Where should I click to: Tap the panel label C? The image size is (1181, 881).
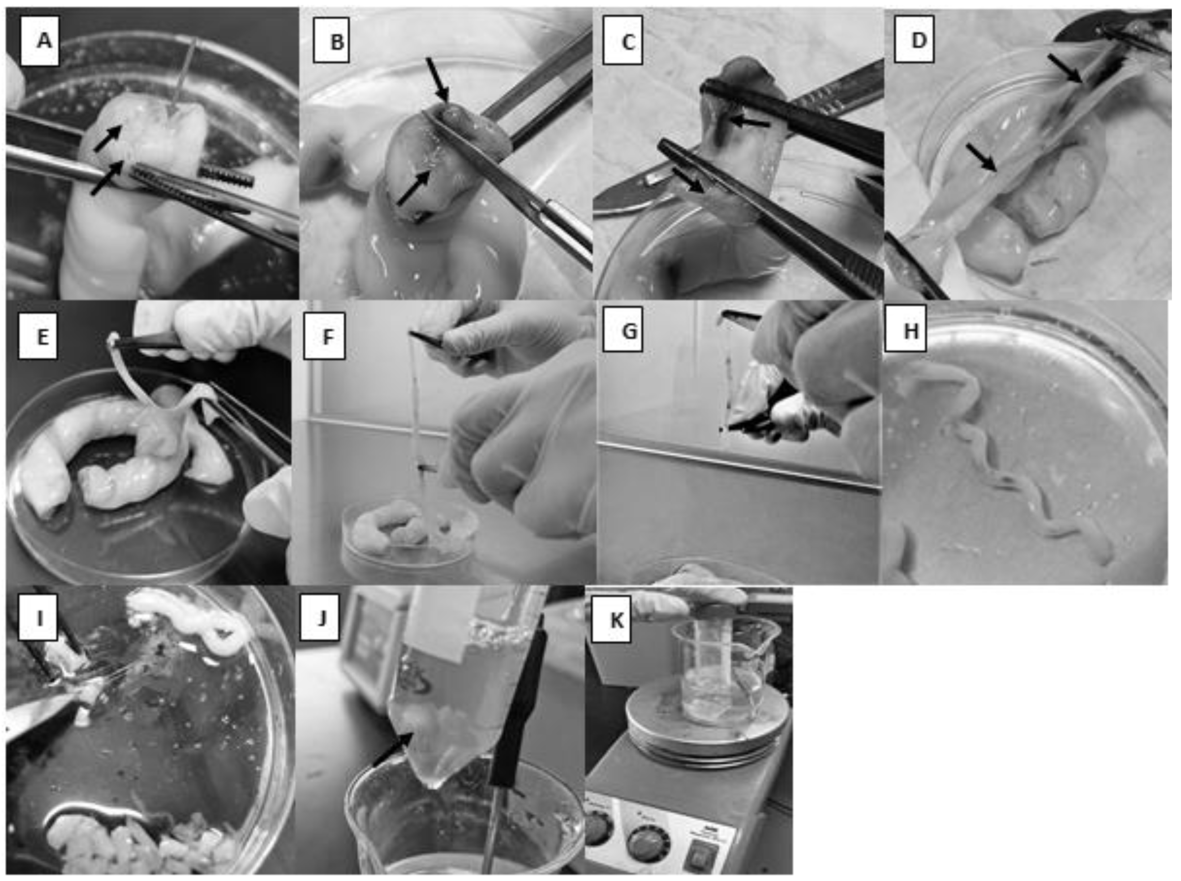pos(623,40)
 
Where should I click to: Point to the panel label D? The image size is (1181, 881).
pos(914,39)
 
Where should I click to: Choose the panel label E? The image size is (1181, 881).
pos(38,336)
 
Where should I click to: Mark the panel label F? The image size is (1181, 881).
pos(324,336)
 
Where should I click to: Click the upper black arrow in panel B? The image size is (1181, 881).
pos(437,80)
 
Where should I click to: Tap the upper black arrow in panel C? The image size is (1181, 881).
pos(749,123)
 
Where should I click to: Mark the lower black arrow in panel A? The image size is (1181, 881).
pos(108,179)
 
